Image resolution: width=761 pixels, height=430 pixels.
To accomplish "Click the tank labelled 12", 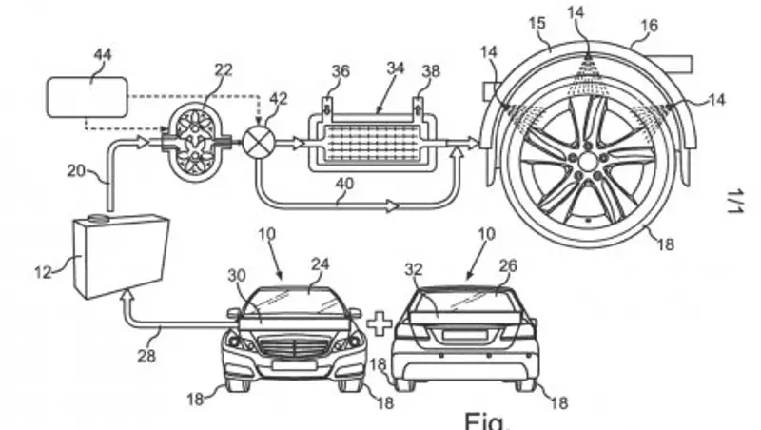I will tap(119, 252).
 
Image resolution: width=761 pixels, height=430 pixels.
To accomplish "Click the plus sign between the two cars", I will tap(380, 323).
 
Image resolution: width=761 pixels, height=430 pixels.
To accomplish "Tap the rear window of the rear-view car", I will tap(467, 305).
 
